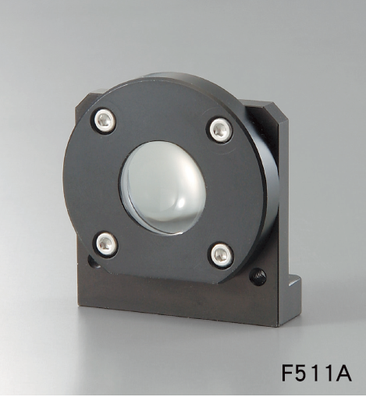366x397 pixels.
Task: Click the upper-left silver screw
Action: click(104, 120)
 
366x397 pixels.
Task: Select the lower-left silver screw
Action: click(106, 244)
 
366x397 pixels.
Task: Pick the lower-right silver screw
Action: click(222, 255)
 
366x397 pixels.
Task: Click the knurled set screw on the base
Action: click(258, 277)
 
